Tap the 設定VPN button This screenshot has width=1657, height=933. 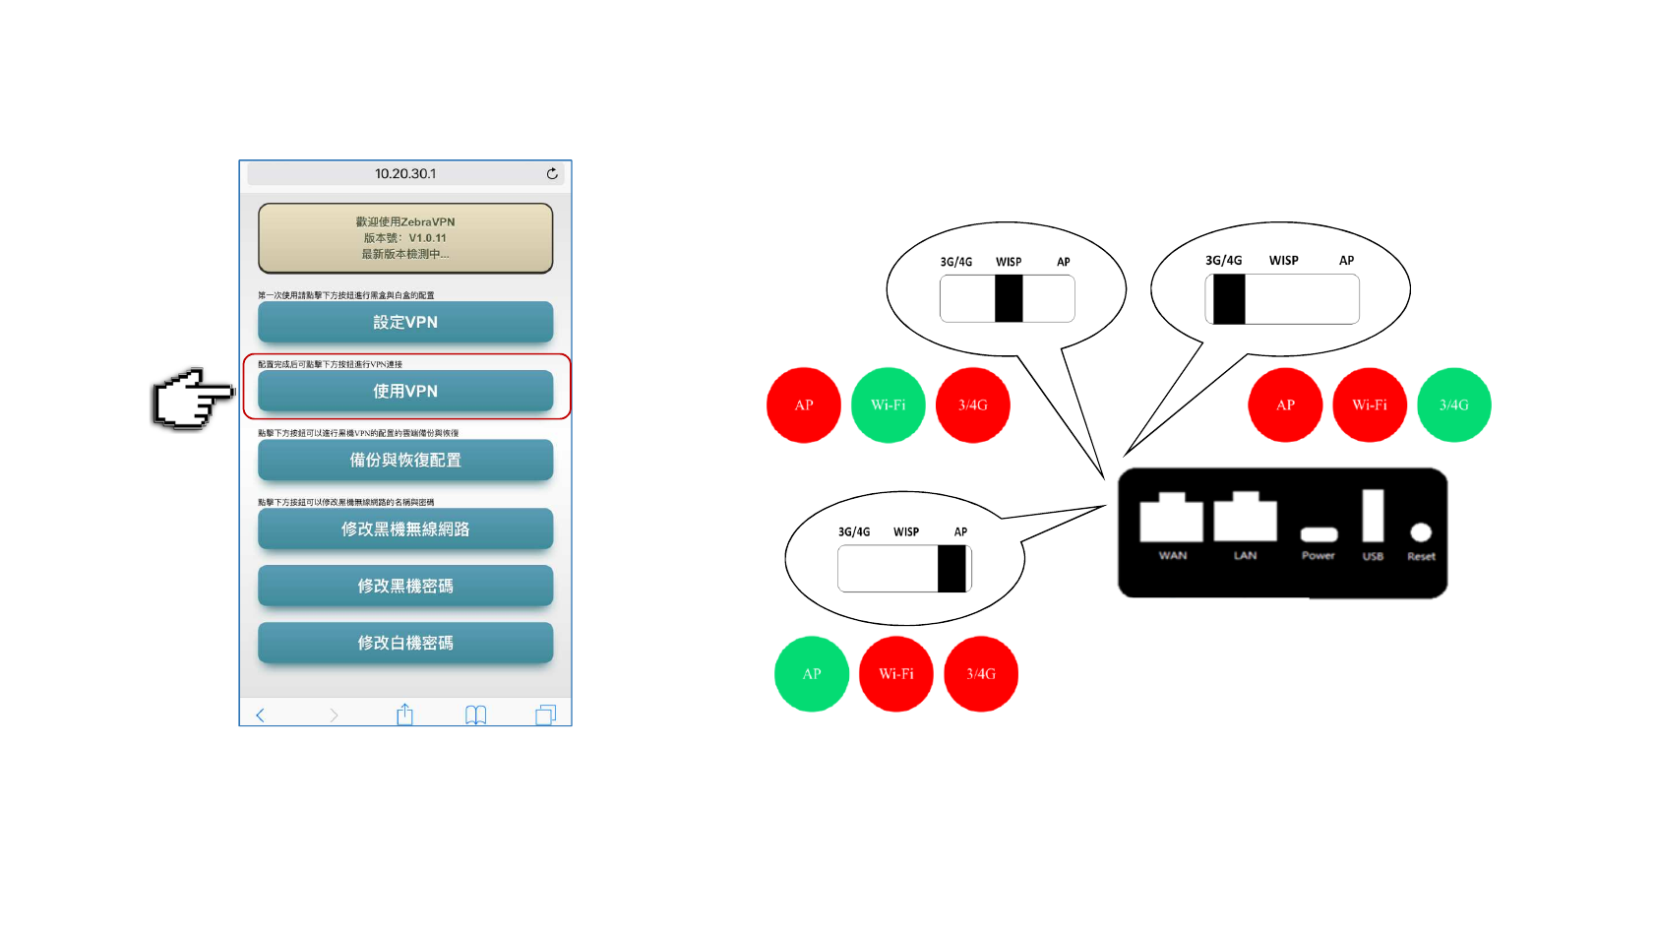coord(405,322)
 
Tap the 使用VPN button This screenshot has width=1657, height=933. coord(405,391)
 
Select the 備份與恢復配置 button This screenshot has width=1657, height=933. coord(405,460)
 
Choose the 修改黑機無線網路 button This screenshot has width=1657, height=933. coord(405,529)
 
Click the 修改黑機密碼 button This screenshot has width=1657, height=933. coord(405,586)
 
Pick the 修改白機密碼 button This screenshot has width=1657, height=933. coord(405,643)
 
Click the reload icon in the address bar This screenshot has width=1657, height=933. coord(552,173)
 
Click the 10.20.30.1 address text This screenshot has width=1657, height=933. coord(405,173)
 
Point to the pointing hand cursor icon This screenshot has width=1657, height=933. coord(192,399)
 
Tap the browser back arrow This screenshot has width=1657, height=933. coord(261,715)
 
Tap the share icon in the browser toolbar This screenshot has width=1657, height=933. coord(404,715)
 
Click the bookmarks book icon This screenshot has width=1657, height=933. coord(475,715)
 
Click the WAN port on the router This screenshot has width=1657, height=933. coord(1171,518)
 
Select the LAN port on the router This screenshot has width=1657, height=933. coord(1245,518)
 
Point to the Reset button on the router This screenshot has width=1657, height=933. coord(1421,532)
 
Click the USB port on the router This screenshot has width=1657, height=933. coord(1373,516)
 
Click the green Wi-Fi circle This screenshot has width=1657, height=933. coord(889,404)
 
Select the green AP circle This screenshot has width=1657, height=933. coord(812,674)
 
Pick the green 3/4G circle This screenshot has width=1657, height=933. coord(1454,404)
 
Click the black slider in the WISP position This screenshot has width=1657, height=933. coord(1009,298)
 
